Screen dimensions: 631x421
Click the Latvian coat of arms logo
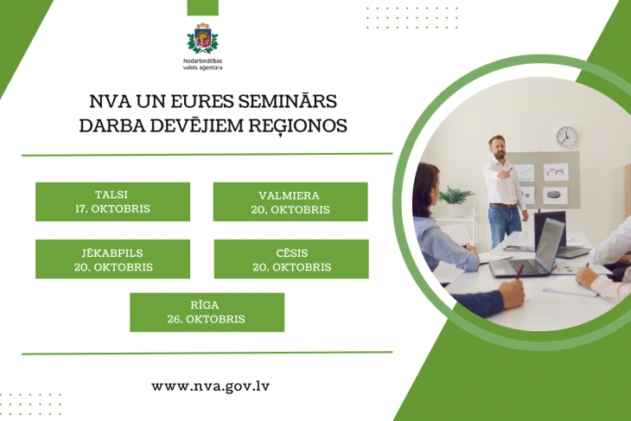click(x=203, y=38)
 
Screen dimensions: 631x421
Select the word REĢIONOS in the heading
click(x=298, y=126)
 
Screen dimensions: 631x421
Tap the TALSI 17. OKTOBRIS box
click(x=112, y=201)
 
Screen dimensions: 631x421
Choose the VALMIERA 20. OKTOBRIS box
click(x=290, y=201)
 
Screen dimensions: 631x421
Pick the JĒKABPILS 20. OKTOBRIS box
click(x=112, y=259)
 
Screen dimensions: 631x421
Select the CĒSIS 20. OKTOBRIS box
click(x=291, y=259)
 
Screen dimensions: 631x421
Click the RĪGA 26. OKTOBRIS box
click(x=207, y=312)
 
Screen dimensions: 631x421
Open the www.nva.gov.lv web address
click(x=210, y=386)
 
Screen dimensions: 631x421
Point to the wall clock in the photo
click(x=567, y=137)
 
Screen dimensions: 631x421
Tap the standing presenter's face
click(x=498, y=148)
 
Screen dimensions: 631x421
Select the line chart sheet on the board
click(x=524, y=172)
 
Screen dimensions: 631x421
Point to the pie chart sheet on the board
click(x=555, y=195)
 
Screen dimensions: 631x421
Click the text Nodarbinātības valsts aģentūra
click(x=203, y=64)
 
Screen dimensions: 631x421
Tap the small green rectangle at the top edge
click(x=203, y=8)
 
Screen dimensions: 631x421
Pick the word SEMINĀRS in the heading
click(x=287, y=101)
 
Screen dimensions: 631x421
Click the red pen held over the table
click(x=519, y=271)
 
